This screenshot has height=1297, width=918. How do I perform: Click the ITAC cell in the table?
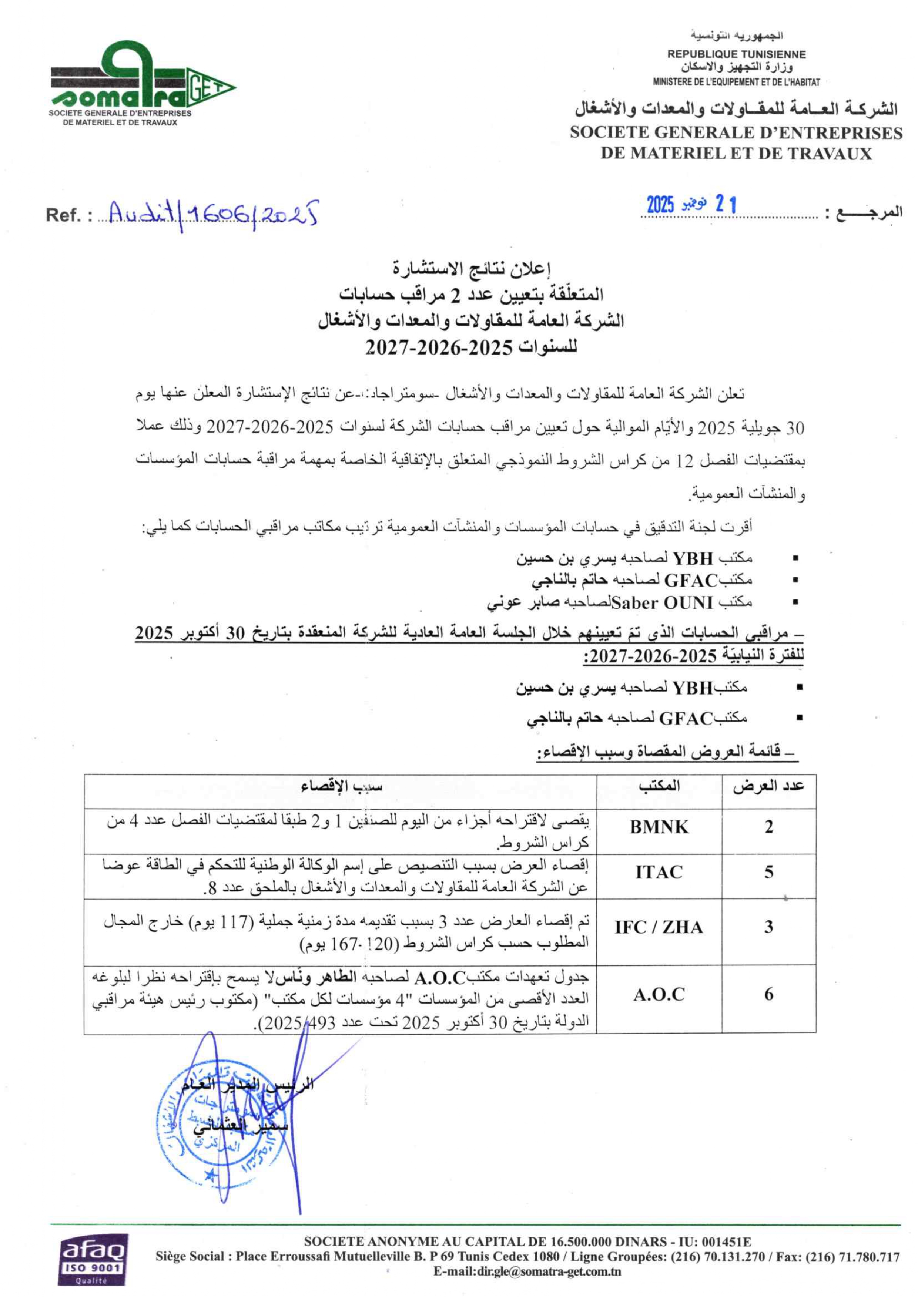coord(659,872)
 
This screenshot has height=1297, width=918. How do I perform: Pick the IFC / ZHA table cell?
coord(659,927)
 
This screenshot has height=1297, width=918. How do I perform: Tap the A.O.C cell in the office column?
coord(659,995)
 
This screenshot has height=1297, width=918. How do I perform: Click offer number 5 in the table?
coord(769,872)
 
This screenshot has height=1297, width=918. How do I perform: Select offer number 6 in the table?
coord(769,995)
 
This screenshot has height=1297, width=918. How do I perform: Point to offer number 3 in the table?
coord(769,927)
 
